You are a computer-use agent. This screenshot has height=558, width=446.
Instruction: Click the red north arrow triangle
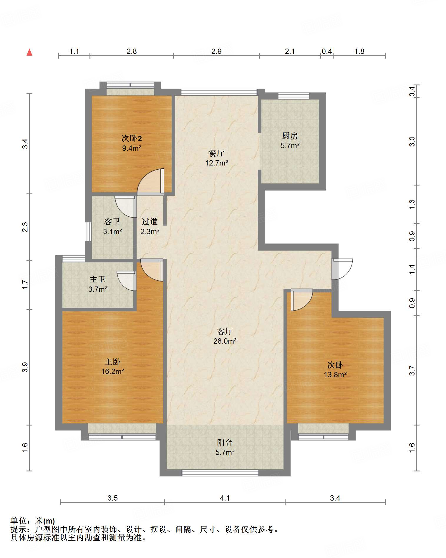coord(29,52)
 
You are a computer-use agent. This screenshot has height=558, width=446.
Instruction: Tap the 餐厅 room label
coord(216,153)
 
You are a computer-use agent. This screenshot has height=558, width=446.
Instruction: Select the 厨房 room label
coord(290,136)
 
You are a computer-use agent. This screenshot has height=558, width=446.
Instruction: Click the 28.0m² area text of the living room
coord(225,341)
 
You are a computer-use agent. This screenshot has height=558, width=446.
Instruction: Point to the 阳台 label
coord(225,442)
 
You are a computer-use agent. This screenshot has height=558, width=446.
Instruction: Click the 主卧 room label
coord(112,362)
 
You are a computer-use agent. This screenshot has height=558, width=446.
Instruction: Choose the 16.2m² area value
coord(112,371)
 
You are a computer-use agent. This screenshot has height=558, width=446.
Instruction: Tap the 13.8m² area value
coord(335,375)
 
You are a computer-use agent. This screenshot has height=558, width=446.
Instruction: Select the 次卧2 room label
coord(132,138)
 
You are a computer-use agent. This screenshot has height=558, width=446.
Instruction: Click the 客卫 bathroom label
coord(112,221)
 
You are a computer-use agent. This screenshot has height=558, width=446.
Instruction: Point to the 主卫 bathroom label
coord(97,279)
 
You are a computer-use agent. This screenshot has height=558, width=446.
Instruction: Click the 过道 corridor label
coord(150,221)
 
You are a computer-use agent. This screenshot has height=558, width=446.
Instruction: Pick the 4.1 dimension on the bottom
coord(225,498)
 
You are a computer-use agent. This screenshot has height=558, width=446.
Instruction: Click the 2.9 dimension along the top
coord(216,51)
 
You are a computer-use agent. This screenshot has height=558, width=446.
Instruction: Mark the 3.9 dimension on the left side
coord(25,367)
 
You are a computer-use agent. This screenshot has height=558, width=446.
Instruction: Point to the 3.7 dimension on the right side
coord(412,370)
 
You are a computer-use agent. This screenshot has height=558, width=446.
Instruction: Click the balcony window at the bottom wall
coord(220,473)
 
